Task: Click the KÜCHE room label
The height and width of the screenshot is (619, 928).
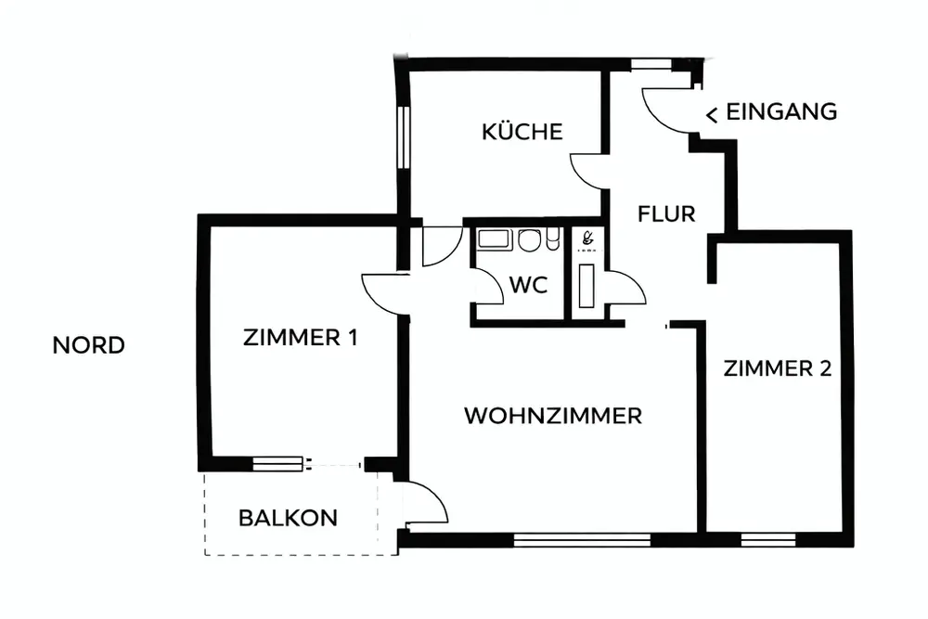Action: pyautogui.click(x=522, y=132)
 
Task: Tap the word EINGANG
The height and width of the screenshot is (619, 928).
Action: pyautogui.click(x=781, y=112)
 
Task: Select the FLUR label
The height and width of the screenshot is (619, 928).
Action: pyautogui.click(x=666, y=214)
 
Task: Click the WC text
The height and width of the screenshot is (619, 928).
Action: pyautogui.click(x=527, y=285)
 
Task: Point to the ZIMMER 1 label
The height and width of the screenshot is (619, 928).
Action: pyautogui.click(x=300, y=338)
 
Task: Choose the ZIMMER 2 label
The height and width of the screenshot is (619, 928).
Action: pyautogui.click(x=777, y=368)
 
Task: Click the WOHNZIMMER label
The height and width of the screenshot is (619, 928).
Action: pyautogui.click(x=553, y=415)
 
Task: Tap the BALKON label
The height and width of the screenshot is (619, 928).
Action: pyautogui.click(x=288, y=518)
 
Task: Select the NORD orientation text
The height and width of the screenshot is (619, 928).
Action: pyautogui.click(x=88, y=346)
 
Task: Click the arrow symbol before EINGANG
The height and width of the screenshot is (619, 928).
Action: pyautogui.click(x=712, y=114)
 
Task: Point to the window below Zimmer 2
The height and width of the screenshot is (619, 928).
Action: pyautogui.click(x=768, y=537)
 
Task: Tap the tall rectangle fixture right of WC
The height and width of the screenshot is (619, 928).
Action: pyautogui.click(x=586, y=286)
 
